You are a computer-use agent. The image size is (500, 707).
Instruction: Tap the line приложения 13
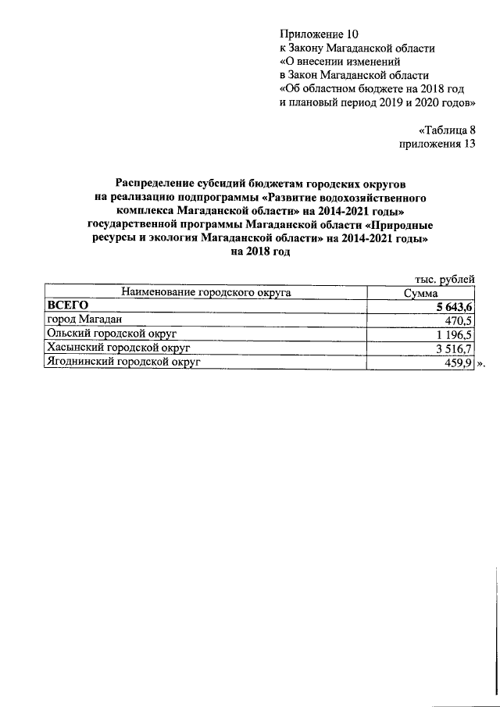(436, 145)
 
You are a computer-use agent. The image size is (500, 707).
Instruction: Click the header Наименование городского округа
(206, 293)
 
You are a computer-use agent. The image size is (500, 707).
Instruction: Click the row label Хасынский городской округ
(119, 348)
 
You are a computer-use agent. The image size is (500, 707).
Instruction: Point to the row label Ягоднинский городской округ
(123, 362)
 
